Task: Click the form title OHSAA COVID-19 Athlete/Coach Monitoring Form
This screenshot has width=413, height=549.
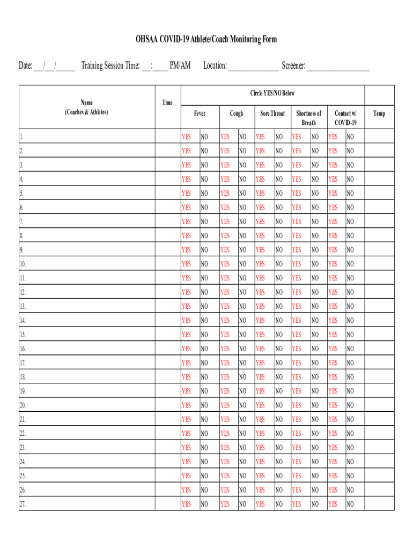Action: click(x=206, y=40)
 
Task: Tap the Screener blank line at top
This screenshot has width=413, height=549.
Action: click(x=338, y=66)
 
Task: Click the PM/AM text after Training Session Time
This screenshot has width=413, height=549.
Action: click(x=180, y=65)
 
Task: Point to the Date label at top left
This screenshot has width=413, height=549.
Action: click(x=26, y=65)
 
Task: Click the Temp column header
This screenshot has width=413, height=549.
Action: click(x=379, y=114)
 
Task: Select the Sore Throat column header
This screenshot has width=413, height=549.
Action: click(x=272, y=114)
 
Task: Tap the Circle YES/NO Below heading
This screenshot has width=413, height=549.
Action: click(x=272, y=94)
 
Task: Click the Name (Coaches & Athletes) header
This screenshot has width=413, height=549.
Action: click(x=86, y=107)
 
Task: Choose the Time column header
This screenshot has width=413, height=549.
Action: click(x=167, y=102)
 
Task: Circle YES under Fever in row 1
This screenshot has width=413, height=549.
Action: click(x=186, y=137)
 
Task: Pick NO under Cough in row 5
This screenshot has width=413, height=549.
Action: click(x=242, y=194)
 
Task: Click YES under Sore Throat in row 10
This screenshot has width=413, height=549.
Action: click(x=260, y=264)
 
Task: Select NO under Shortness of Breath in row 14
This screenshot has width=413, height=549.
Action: click(x=314, y=321)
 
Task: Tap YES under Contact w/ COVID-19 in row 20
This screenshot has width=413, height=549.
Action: click(x=333, y=405)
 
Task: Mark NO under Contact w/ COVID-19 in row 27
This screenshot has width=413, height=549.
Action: click(x=350, y=504)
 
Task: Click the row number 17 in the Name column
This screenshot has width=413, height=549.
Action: click(x=23, y=363)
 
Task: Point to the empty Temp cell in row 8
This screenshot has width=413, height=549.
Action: click(x=379, y=235)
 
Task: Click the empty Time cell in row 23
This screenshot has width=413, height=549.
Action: click(x=167, y=447)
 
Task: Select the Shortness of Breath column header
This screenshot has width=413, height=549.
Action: click(x=308, y=118)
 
